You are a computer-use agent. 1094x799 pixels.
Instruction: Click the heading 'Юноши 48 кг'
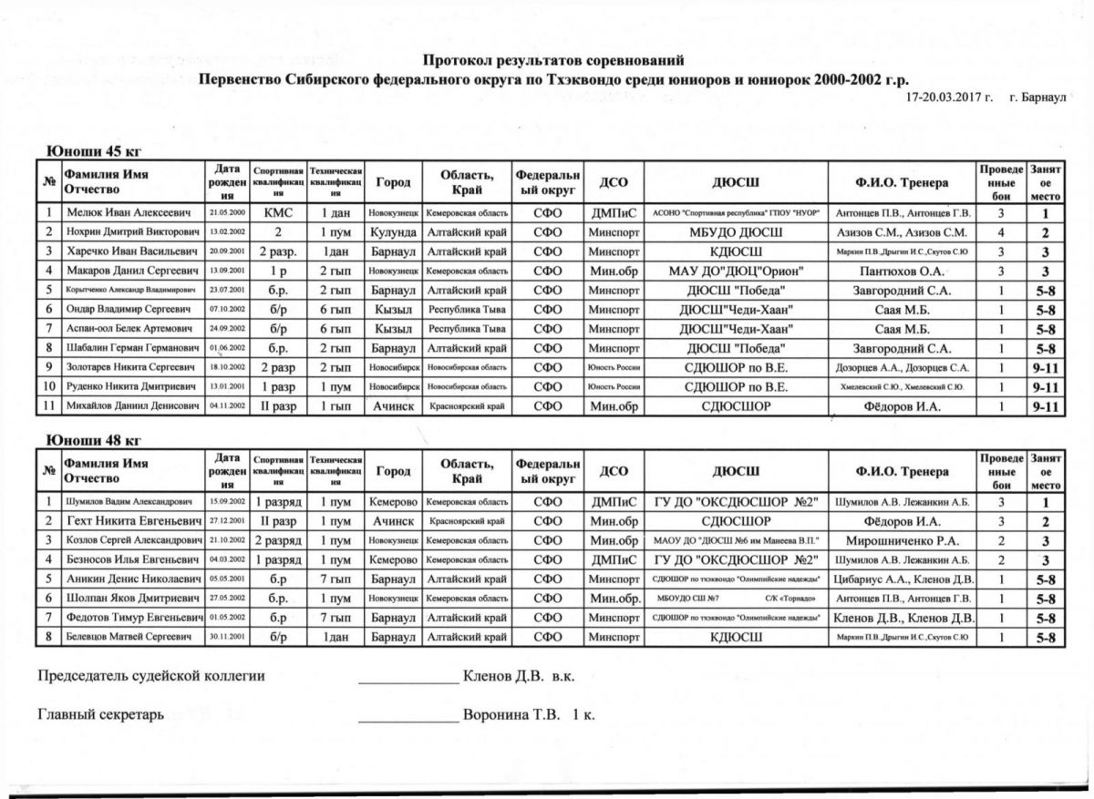[94, 441]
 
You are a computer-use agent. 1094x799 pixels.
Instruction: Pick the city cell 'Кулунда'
[394, 231]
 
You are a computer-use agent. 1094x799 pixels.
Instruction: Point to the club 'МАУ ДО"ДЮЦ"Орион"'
[736, 271]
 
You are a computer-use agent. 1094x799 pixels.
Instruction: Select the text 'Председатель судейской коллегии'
[150, 676]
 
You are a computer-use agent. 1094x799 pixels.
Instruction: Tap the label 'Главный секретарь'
[100, 715]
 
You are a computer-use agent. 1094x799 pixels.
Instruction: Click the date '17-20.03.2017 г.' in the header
[950, 96]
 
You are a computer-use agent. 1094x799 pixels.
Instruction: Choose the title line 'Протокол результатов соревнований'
[553, 61]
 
